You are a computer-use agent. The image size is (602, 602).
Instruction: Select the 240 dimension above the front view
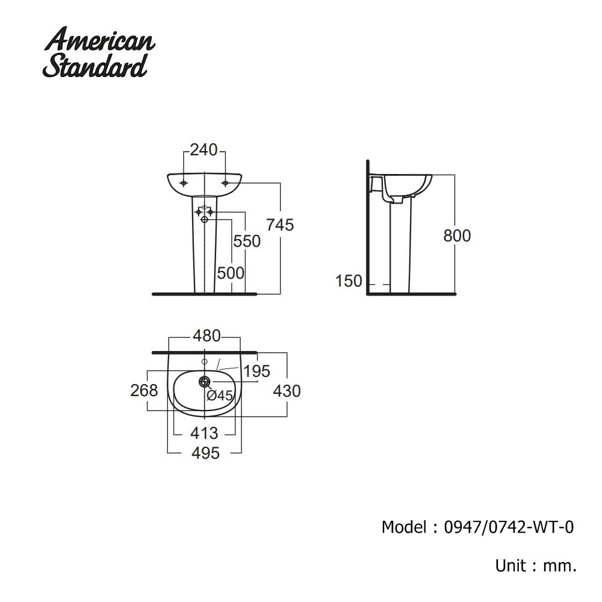point(203,150)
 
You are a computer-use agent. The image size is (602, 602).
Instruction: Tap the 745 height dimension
point(280,225)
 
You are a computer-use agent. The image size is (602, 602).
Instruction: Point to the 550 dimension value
point(247,241)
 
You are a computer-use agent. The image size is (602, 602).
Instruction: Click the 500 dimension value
point(231,273)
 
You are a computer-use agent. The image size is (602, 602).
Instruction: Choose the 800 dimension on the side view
point(457,235)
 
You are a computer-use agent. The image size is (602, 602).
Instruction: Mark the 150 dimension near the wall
point(349,281)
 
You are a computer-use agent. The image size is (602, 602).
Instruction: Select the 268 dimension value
point(144,390)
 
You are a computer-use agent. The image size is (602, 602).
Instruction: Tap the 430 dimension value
point(287,391)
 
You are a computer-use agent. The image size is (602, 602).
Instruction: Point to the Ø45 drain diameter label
point(220,396)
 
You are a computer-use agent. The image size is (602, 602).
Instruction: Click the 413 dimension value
point(205,433)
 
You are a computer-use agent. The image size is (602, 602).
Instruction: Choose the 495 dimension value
point(205,453)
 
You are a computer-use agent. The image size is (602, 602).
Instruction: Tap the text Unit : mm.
point(536,566)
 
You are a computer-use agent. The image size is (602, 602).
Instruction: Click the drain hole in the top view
point(205,381)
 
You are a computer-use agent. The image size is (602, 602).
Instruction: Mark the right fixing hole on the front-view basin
point(225,182)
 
